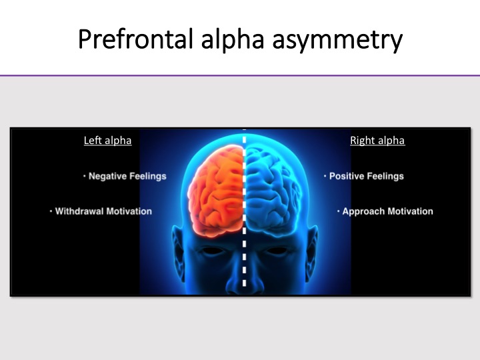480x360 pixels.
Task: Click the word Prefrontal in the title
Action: pyautogui.click(x=135, y=39)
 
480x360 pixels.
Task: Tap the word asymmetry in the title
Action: pyautogui.click(x=337, y=41)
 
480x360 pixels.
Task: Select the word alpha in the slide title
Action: pyautogui.click(x=233, y=40)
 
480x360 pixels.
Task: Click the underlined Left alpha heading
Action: pyautogui.click(x=108, y=141)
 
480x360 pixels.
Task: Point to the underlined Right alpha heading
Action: pyautogui.click(x=377, y=141)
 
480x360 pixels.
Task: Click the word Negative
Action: pyautogui.click(x=107, y=176)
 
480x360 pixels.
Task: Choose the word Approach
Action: pyautogui.click(x=363, y=211)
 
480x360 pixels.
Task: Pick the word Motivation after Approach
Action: pyautogui.click(x=410, y=211)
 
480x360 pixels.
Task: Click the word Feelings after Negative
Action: pyautogui.click(x=148, y=176)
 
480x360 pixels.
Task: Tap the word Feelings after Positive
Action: pyautogui.click(x=385, y=176)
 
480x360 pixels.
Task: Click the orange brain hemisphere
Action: pyautogui.click(x=216, y=191)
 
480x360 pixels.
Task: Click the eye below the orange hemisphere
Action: pyautogui.click(x=213, y=251)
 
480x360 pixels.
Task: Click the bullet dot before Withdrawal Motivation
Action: pyautogui.click(x=51, y=211)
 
